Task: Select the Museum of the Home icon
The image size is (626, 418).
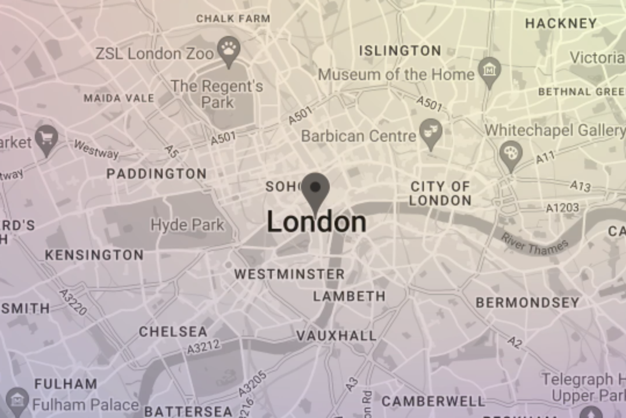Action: pyautogui.click(x=490, y=70)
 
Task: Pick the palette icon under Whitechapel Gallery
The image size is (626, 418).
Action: pyautogui.click(x=510, y=153)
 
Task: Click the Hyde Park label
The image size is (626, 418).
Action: pyautogui.click(x=187, y=225)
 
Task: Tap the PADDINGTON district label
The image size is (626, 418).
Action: pyautogui.click(x=156, y=174)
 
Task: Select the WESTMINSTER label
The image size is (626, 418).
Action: pyautogui.click(x=289, y=274)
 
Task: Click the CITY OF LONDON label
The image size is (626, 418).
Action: pyautogui.click(x=440, y=193)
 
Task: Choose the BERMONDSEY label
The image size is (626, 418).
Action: pyautogui.click(x=527, y=302)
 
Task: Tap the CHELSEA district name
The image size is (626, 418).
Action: pyautogui.click(x=172, y=332)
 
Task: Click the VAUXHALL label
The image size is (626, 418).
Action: pyautogui.click(x=336, y=336)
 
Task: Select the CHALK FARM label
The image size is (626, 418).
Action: pyautogui.click(x=233, y=19)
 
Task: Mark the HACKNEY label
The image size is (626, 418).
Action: pyautogui.click(x=560, y=23)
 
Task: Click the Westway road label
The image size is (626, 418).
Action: pyautogui.click(x=96, y=150)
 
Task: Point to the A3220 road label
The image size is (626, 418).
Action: pyautogui.click(x=73, y=302)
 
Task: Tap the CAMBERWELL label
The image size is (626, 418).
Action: pyautogui.click(x=433, y=401)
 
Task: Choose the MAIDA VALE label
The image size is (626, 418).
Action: pyautogui.click(x=118, y=98)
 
